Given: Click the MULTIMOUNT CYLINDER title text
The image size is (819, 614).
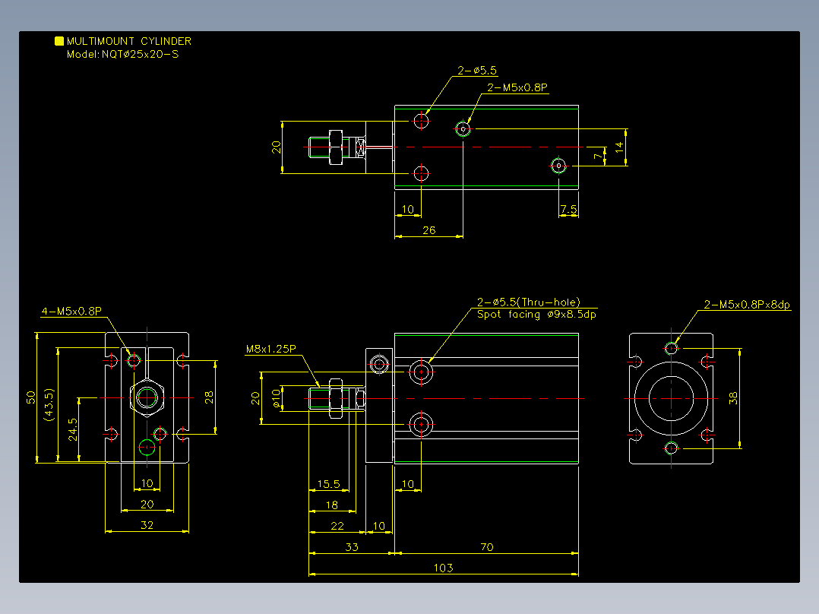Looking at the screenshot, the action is [x=129, y=41].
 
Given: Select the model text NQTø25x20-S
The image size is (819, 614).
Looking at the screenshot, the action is [x=140, y=55].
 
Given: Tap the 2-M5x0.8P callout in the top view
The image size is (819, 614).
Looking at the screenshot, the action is [x=517, y=87].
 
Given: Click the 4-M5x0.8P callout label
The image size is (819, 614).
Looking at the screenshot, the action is [x=71, y=312].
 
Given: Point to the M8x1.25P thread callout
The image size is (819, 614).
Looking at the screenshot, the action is [x=271, y=349].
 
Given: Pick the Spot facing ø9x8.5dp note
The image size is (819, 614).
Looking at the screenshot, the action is [x=536, y=314].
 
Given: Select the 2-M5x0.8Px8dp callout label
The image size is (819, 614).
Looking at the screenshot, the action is [x=747, y=305].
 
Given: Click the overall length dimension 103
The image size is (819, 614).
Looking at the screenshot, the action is [x=443, y=568].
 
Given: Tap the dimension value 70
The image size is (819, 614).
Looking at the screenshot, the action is [x=486, y=546].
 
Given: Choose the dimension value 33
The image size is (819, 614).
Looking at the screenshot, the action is [x=352, y=546].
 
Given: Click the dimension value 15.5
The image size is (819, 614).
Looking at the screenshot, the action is [x=328, y=484].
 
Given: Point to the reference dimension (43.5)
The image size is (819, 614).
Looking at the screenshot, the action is [x=49, y=404].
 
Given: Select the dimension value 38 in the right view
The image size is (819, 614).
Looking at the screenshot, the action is [x=733, y=398].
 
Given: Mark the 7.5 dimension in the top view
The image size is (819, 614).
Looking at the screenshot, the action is [x=568, y=209].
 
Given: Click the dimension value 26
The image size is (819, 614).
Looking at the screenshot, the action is [x=428, y=230].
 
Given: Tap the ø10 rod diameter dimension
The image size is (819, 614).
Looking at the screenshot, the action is [x=277, y=398].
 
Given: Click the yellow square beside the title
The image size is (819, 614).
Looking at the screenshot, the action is [x=59, y=41].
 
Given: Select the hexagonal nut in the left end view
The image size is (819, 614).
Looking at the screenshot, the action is [x=147, y=397].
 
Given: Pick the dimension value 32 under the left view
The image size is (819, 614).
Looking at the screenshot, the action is [x=147, y=524].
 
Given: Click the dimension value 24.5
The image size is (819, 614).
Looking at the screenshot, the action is [x=73, y=429].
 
